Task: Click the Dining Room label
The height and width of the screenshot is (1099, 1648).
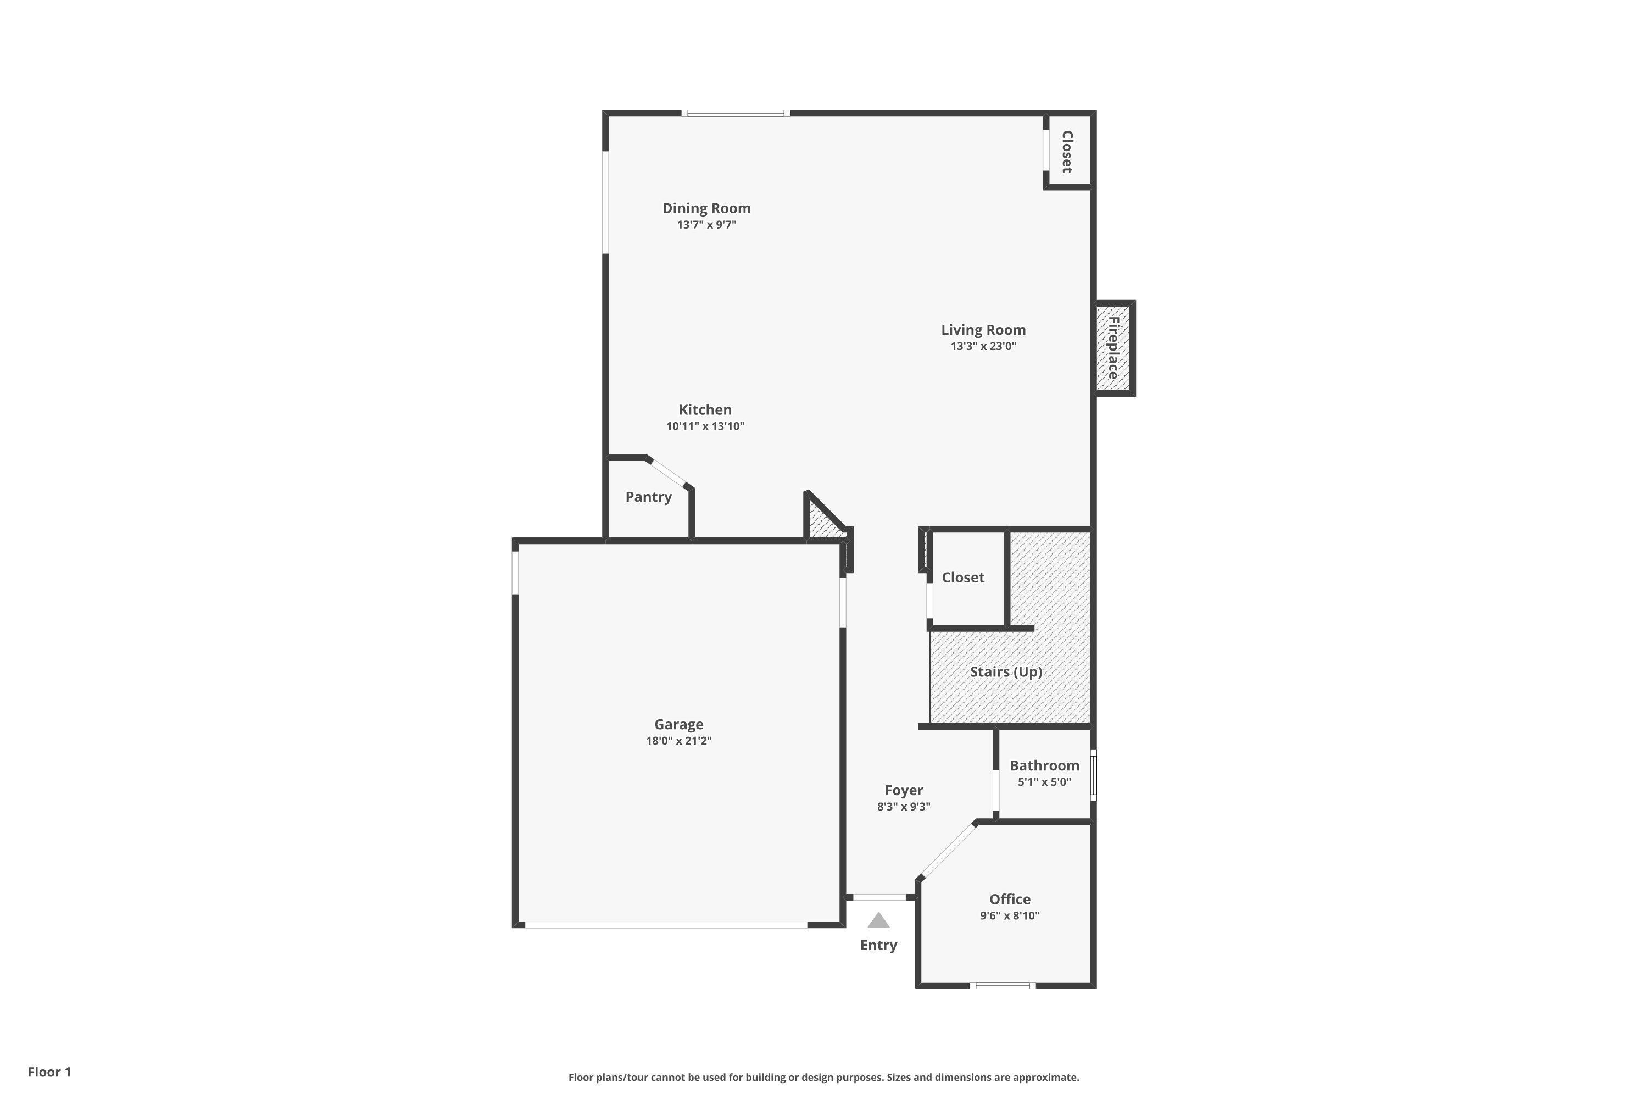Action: click(x=706, y=208)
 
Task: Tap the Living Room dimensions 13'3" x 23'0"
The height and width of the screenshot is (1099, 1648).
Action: click(x=983, y=346)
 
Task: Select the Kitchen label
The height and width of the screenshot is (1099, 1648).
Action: click(x=705, y=410)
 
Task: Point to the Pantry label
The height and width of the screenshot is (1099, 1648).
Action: click(x=648, y=497)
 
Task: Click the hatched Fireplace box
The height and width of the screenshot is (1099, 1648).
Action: click(x=1113, y=348)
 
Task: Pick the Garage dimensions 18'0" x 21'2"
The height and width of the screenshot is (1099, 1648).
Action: click(x=678, y=741)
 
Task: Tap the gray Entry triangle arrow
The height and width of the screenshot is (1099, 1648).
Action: click(x=878, y=921)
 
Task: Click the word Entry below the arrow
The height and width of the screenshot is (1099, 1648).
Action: click(x=878, y=946)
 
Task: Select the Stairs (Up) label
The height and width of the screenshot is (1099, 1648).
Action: click(x=1005, y=671)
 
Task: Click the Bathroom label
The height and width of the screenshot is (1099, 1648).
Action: click(x=1044, y=765)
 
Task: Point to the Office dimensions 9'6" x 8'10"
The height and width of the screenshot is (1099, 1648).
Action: click(x=1010, y=915)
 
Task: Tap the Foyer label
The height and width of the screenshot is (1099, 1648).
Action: click(x=904, y=790)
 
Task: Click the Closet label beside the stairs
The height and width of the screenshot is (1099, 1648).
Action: click(x=963, y=578)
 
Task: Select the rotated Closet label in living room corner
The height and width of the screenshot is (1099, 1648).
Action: click(x=1067, y=152)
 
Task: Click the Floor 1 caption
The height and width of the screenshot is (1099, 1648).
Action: click(x=49, y=1072)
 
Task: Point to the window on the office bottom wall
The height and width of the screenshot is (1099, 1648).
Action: click(x=1003, y=985)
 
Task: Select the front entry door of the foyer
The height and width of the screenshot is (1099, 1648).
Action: click(x=879, y=897)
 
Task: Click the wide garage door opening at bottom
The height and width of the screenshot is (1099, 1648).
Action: click(x=666, y=925)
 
